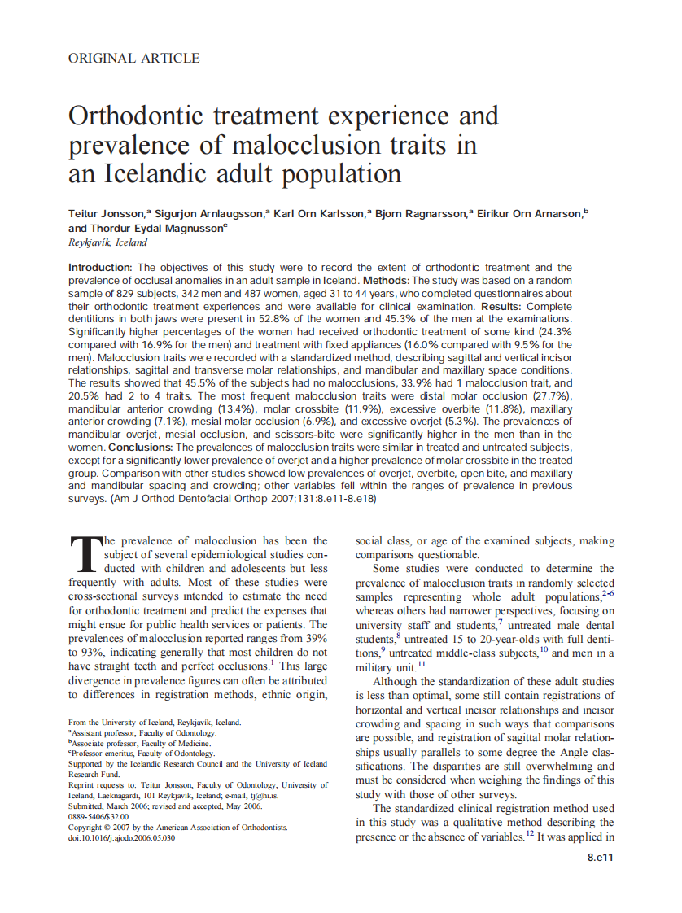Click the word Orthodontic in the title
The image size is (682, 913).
click(138, 116)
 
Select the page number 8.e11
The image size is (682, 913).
click(600, 858)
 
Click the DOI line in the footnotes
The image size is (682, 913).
click(122, 837)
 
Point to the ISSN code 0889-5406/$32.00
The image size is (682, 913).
click(98, 816)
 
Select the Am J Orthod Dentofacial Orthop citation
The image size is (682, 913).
click(211, 499)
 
